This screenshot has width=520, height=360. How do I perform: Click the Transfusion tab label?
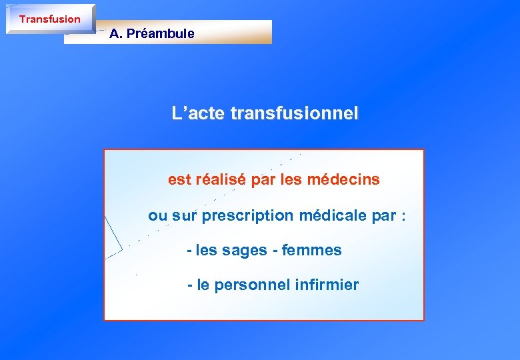[x=49, y=19]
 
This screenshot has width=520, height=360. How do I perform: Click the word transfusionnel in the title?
[x=294, y=114]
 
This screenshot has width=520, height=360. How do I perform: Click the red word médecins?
[x=347, y=179]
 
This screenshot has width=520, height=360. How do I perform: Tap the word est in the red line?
[x=179, y=179]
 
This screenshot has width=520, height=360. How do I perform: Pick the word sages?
[x=245, y=251]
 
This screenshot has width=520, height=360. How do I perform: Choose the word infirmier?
[x=326, y=285]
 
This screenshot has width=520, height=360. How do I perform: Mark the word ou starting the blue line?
[x=157, y=216]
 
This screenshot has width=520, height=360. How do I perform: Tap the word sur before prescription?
[x=185, y=216]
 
